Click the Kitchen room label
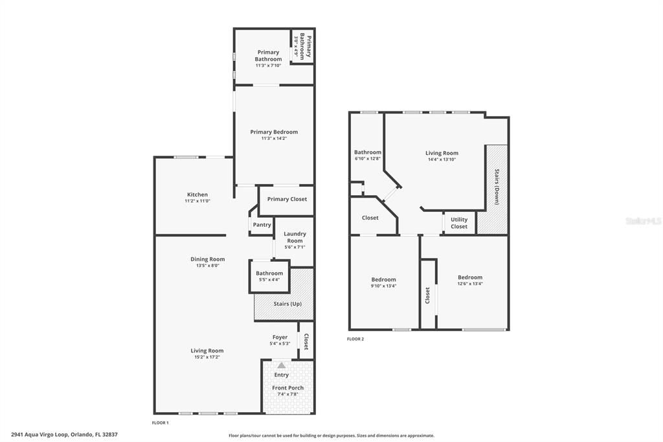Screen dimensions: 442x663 pyautogui.click(x=197, y=194)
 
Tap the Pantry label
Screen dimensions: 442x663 pyautogui.click(x=262, y=225)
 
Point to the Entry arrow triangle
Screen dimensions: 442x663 pyautogui.click(x=281, y=366)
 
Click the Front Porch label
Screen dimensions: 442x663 pyautogui.click(x=287, y=388)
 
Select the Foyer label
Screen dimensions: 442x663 pyautogui.click(x=280, y=337)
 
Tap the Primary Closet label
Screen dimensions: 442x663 pyautogui.click(x=287, y=199)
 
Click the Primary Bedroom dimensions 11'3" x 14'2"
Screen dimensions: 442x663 pyautogui.click(x=274, y=138)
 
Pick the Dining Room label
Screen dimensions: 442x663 pyautogui.click(x=207, y=259)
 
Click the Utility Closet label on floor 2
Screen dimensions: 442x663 pyautogui.click(x=459, y=223)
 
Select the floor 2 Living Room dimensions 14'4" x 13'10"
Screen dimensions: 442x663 pyautogui.click(x=442, y=159)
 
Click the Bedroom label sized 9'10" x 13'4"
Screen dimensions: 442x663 pyautogui.click(x=383, y=277)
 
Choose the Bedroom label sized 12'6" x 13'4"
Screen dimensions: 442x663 pyautogui.click(x=469, y=277)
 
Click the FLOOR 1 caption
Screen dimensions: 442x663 pyautogui.click(x=160, y=423)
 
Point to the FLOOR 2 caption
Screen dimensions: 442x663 pyautogui.click(x=355, y=339)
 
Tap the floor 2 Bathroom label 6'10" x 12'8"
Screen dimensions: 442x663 pyautogui.click(x=367, y=152)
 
